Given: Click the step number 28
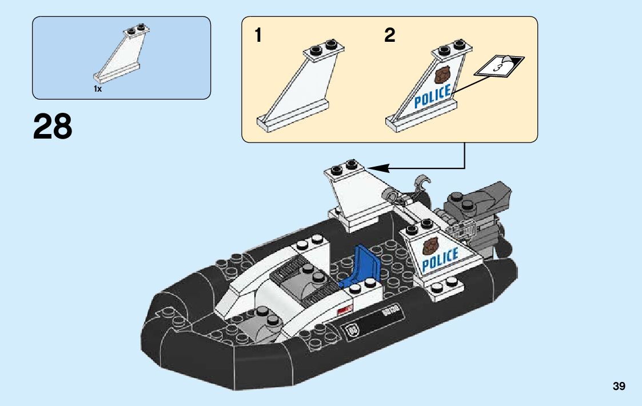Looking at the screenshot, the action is pyautogui.click(x=53, y=127).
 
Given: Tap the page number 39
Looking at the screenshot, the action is pyautogui.click(x=619, y=387).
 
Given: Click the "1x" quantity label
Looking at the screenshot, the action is pyautogui.click(x=98, y=89).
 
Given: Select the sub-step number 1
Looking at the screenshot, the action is pyautogui.click(x=258, y=36).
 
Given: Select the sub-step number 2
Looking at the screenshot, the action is pyautogui.click(x=389, y=36).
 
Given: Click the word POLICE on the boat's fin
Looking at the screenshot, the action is pyautogui.click(x=440, y=259).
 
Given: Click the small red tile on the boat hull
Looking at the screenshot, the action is pyautogui.click(x=344, y=310).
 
